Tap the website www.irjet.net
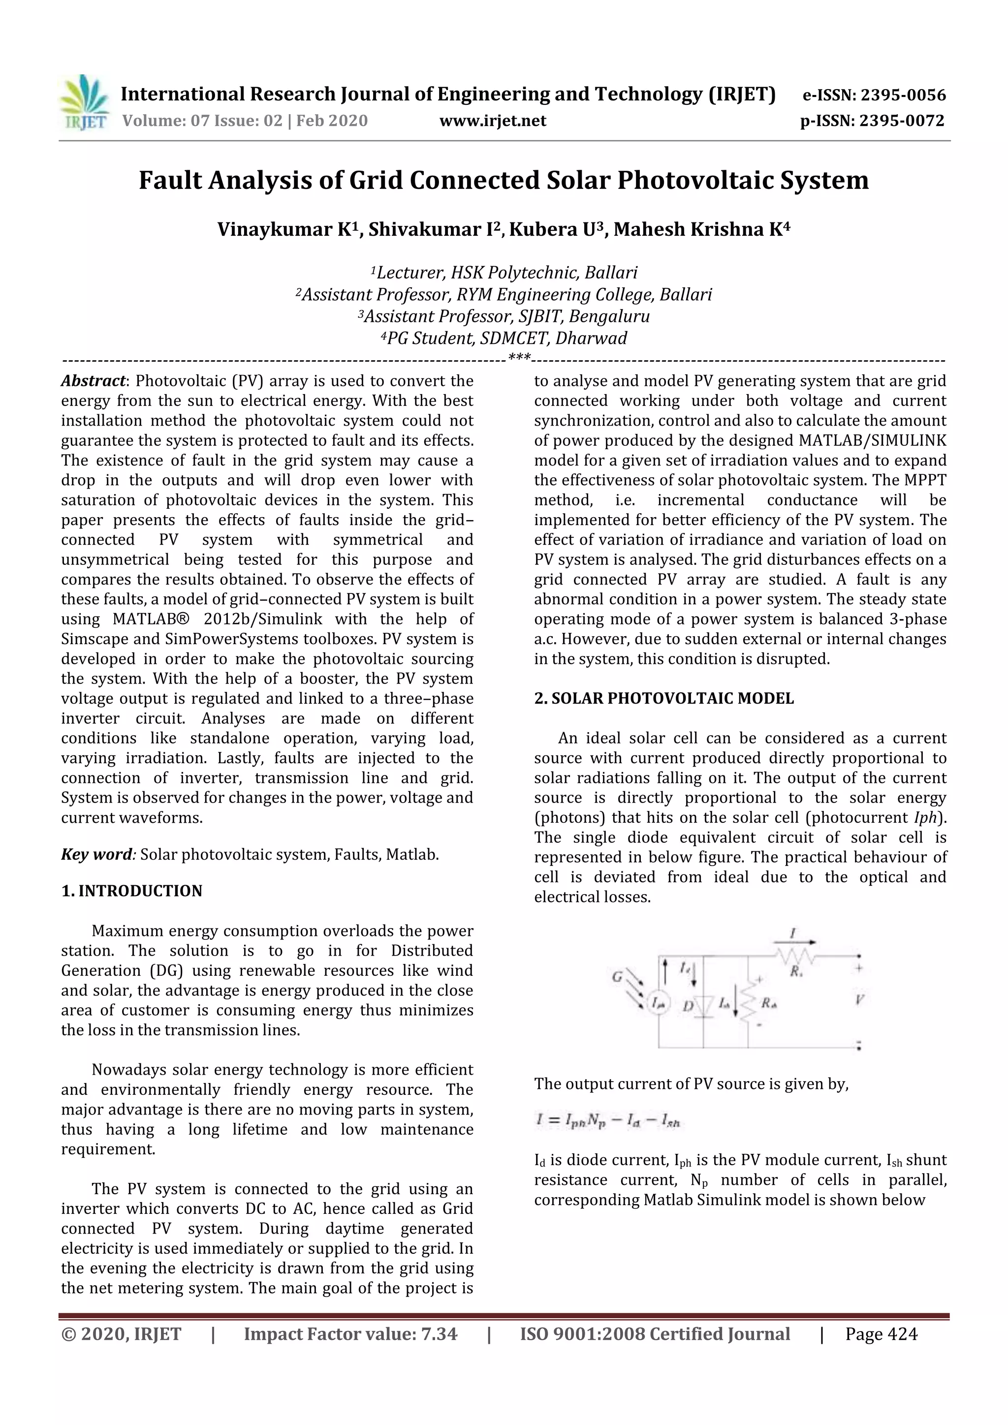pyautogui.click(x=492, y=121)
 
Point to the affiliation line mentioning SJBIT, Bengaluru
pyautogui.click(x=504, y=316)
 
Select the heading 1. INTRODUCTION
pyautogui.click(x=131, y=891)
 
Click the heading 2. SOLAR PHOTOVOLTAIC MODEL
pyautogui.click(x=663, y=698)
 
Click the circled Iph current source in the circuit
pyautogui.click(x=659, y=1003)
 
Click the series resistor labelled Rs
pyautogui.click(x=795, y=956)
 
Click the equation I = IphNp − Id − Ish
pyautogui.click(x=608, y=1120)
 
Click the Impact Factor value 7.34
pyautogui.click(x=439, y=1334)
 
